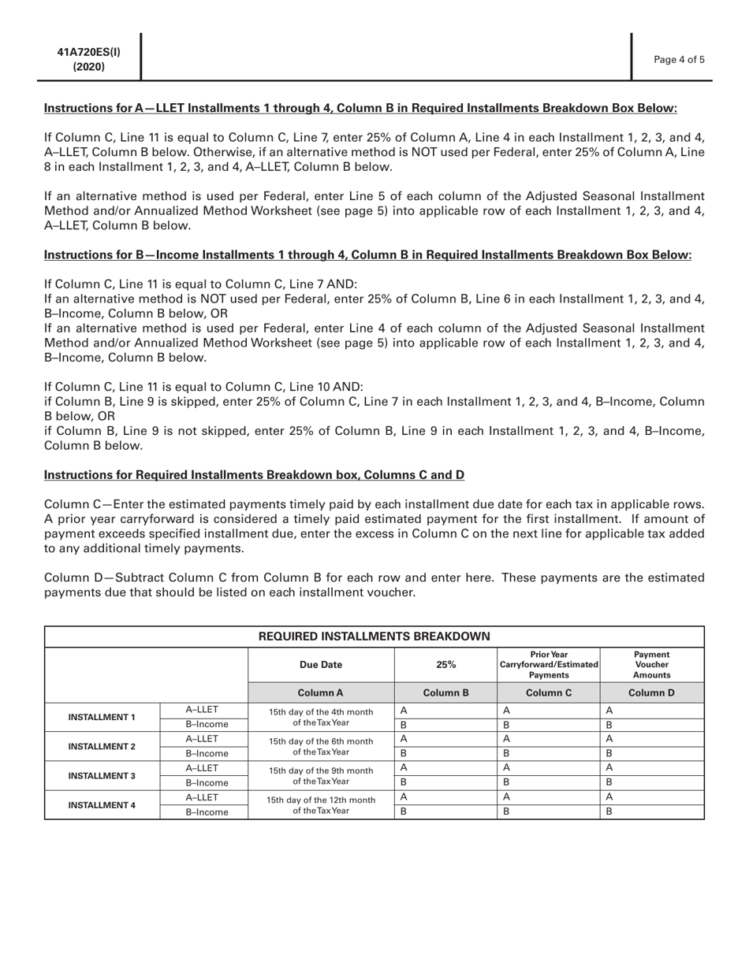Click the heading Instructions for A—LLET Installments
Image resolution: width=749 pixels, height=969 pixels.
tap(360, 107)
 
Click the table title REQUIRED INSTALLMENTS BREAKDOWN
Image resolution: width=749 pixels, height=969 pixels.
tap(374, 636)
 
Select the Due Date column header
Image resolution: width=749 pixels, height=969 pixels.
tap(321, 664)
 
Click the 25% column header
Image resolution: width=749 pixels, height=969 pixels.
tap(445, 664)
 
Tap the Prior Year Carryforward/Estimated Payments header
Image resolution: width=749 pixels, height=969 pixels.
tap(549, 664)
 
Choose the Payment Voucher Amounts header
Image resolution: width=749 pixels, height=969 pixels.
tap(652, 664)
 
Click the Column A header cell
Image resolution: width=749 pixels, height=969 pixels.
tap(321, 692)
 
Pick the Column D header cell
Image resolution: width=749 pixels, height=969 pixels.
tap(652, 692)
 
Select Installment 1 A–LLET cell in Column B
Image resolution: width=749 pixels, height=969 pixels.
tap(445, 710)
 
